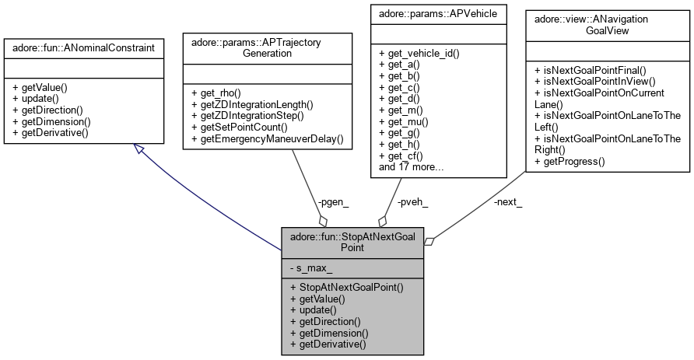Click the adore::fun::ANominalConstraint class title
tap(84, 48)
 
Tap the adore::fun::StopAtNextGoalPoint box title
tap(352, 242)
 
